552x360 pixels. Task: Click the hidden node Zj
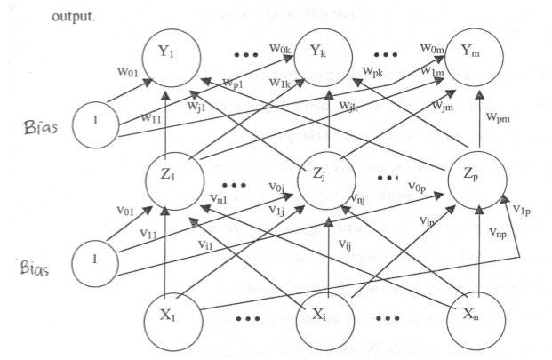(328, 174)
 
